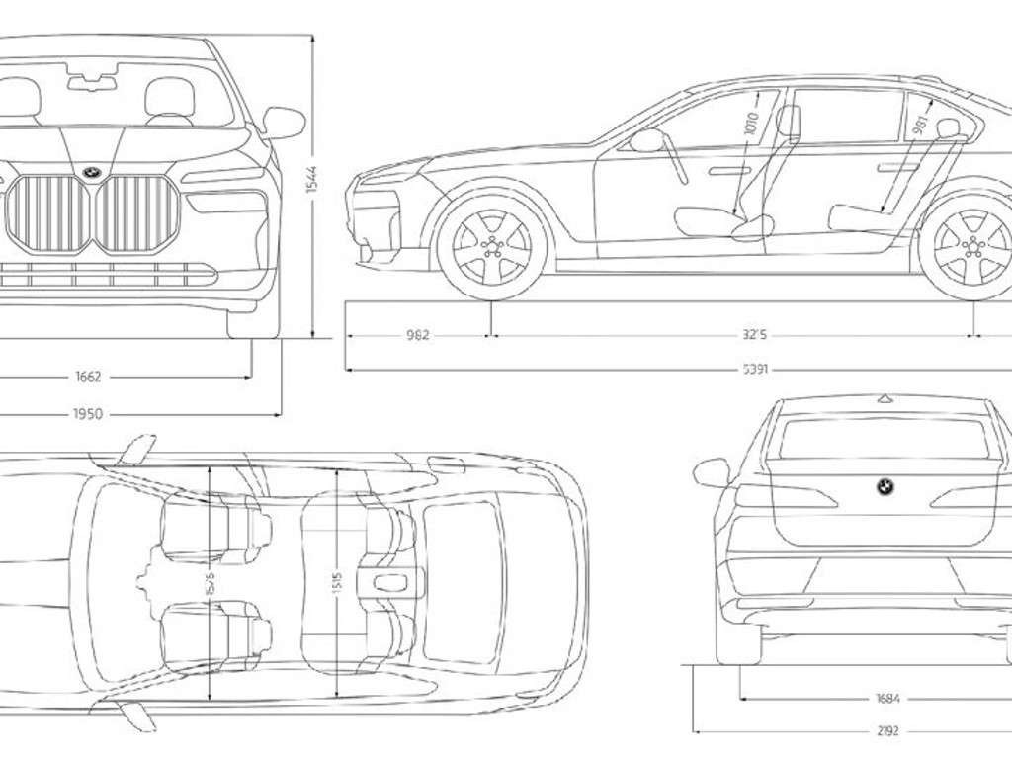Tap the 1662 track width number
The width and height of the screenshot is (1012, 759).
click(x=88, y=377)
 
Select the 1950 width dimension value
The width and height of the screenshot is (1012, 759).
click(x=88, y=414)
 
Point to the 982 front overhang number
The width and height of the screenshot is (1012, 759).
click(x=417, y=335)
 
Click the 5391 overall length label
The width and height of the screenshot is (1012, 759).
click(x=755, y=370)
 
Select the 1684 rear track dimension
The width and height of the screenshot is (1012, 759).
click(x=887, y=699)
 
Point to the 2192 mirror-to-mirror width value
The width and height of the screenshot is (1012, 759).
click(x=887, y=731)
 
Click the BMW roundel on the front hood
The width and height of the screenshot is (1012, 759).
click(x=92, y=170)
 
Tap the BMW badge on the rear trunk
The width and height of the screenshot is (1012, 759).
click(x=885, y=486)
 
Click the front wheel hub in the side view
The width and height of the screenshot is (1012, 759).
click(x=491, y=247)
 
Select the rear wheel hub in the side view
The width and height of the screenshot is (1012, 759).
click(x=972, y=247)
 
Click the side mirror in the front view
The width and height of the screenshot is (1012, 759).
click(x=284, y=123)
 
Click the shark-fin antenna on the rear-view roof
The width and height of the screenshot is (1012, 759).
click(x=885, y=398)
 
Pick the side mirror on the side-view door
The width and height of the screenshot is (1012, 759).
click(x=647, y=140)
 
